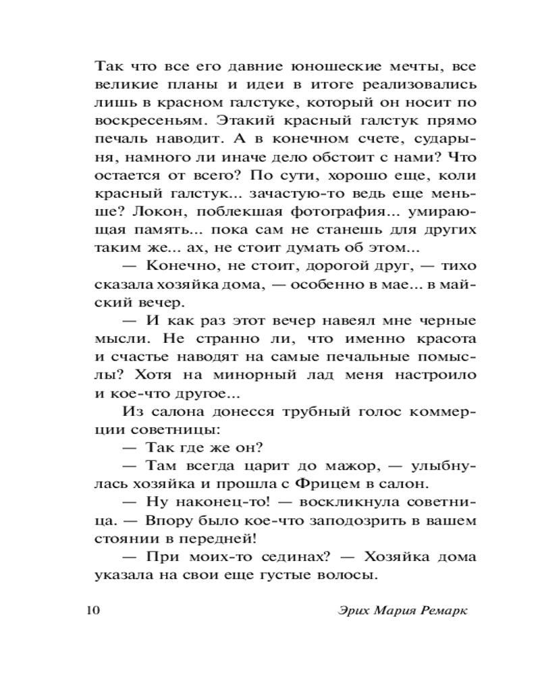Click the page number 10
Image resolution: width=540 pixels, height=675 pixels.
click(x=92, y=611)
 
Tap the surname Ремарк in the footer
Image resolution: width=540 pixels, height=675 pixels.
click(x=441, y=611)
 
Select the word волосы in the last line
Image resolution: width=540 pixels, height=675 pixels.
click(x=346, y=576)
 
